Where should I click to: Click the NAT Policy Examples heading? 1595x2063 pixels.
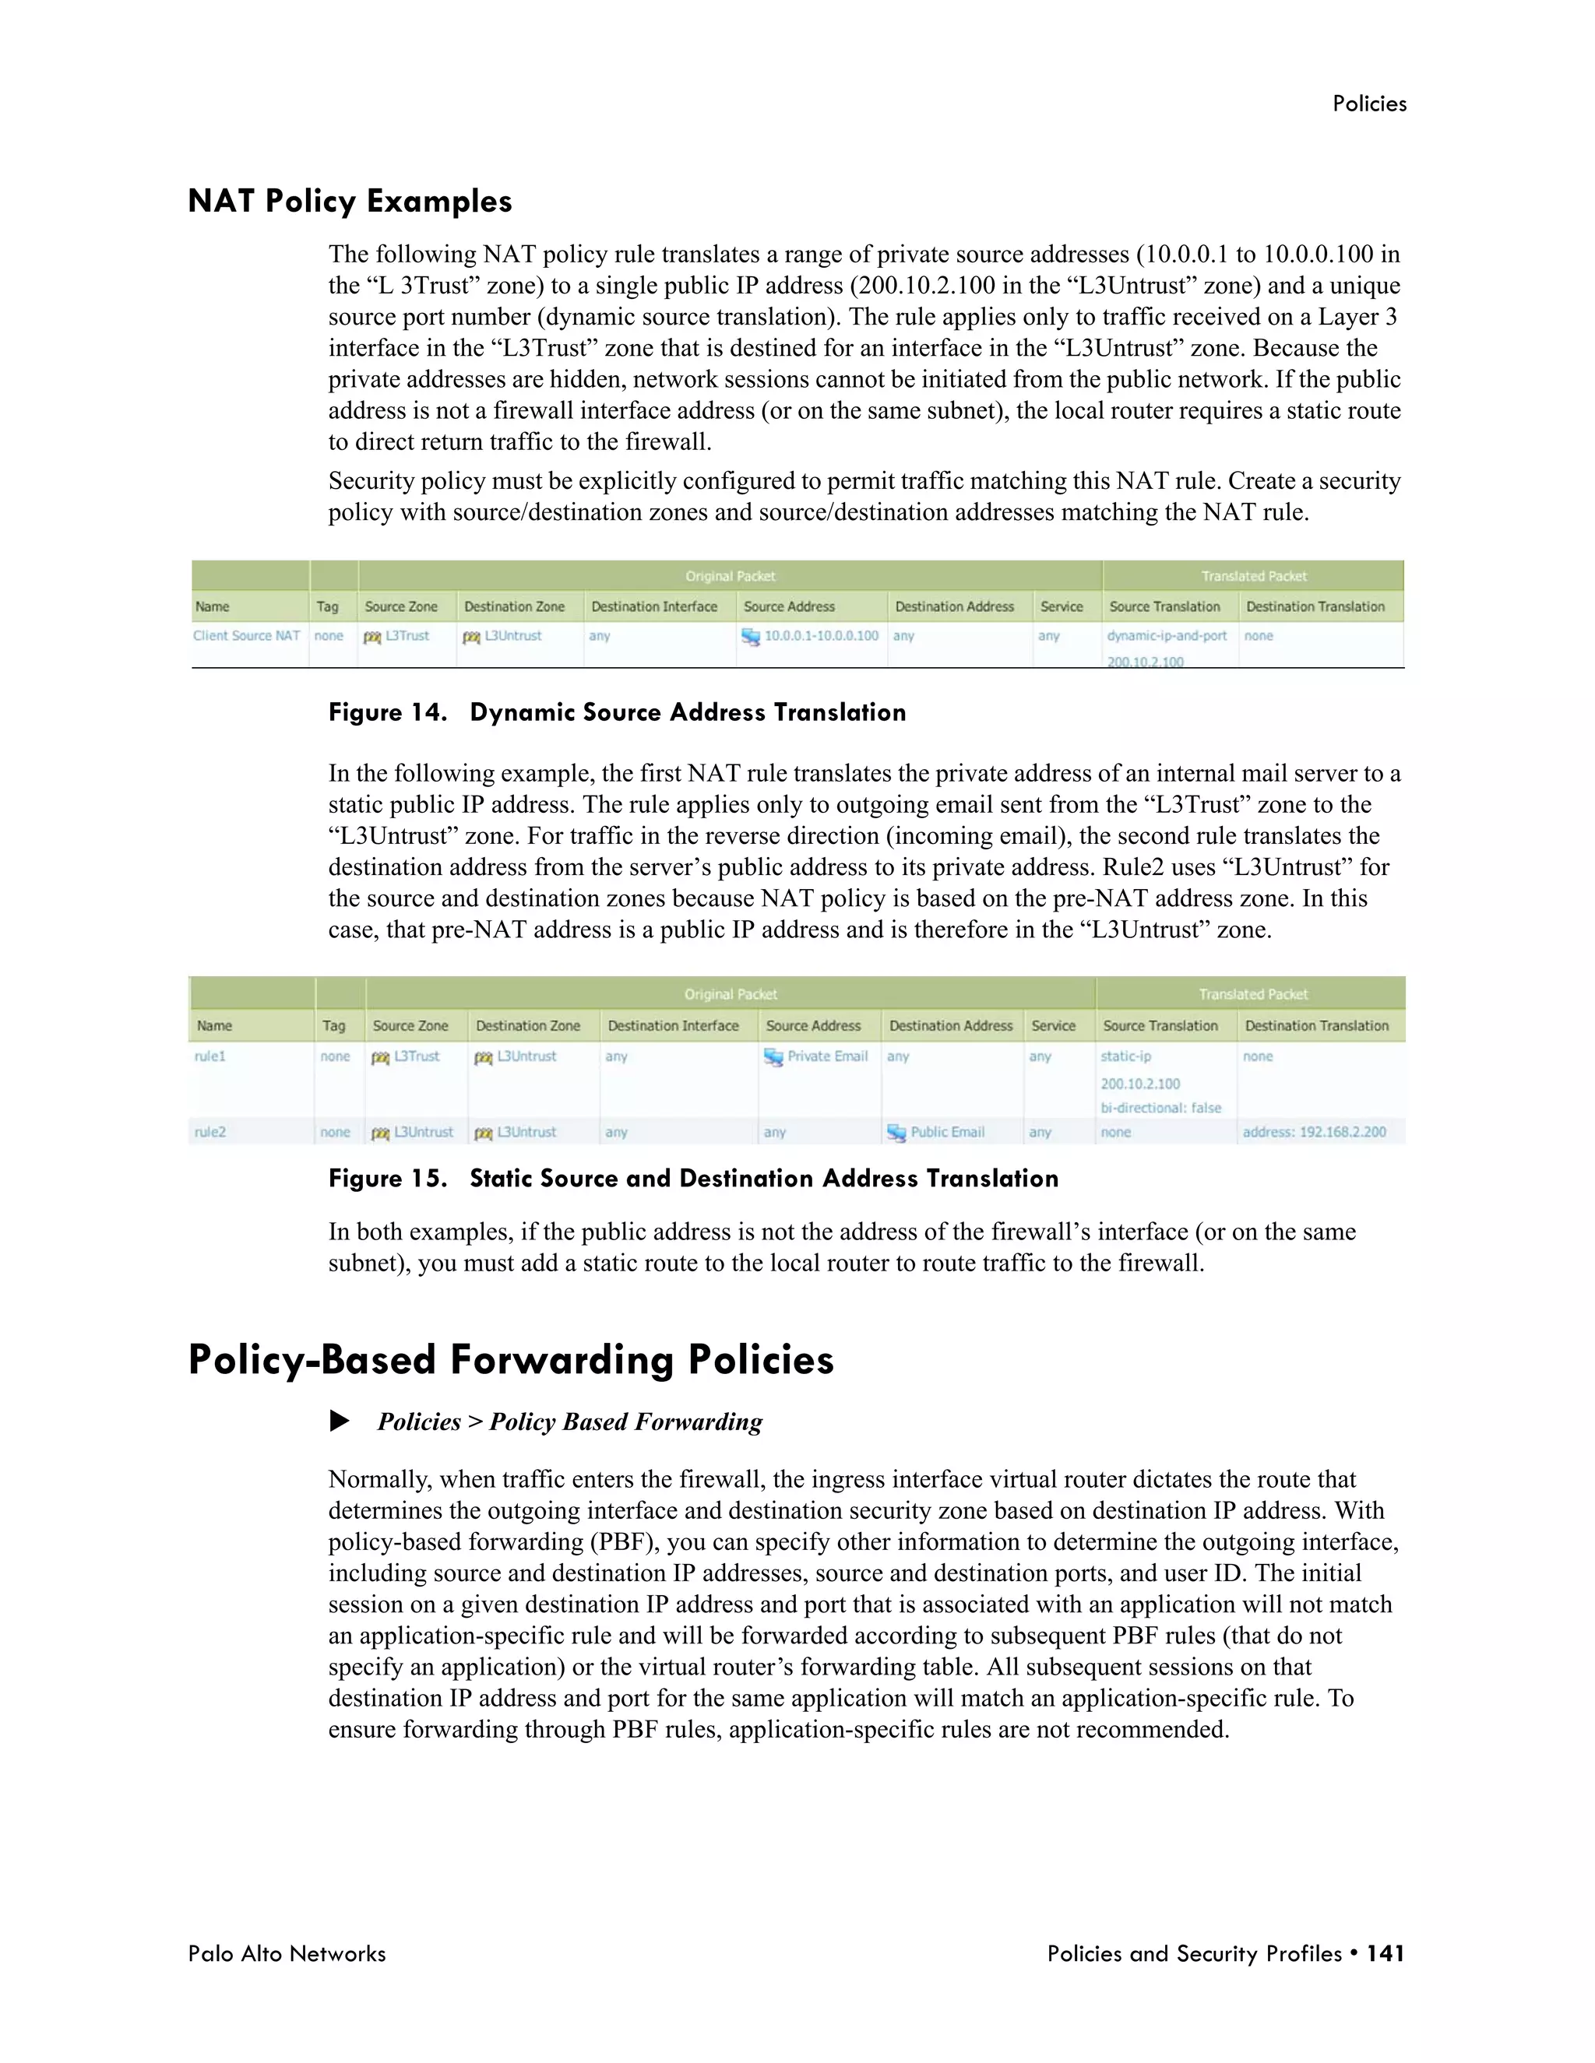[x=350, y=201]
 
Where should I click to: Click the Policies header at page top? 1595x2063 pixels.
[x=1368, y=104]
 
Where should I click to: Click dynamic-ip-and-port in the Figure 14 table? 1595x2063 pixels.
[x=1166, y=636]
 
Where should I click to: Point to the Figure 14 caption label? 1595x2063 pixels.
[x=387, y=712]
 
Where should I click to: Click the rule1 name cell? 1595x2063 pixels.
[x=209, y=1056]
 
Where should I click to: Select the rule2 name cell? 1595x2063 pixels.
[x=209, y=1132]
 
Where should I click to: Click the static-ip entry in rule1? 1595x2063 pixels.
[x=1125, y=1056]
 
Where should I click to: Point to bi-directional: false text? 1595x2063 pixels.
[x=1160, y=1107]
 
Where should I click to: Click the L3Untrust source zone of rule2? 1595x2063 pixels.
[x=422, y=1132]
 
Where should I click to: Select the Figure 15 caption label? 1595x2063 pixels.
[x=387, y=1178]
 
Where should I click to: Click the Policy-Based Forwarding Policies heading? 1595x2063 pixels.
[x=510, y=1360]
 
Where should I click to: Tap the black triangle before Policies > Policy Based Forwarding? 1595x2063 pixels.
[x=340, y=1421]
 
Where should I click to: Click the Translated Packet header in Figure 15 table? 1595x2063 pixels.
[x=1252, y=993]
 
